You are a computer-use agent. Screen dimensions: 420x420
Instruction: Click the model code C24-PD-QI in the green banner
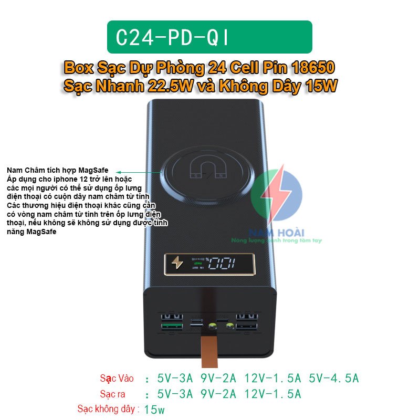click(x=173, y=37)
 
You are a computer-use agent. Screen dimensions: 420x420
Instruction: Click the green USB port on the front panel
click(x=172, y=328)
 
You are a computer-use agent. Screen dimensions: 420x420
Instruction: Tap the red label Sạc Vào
click(x=117, y=378)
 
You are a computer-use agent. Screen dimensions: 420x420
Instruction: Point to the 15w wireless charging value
click(x=154, y=409)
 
